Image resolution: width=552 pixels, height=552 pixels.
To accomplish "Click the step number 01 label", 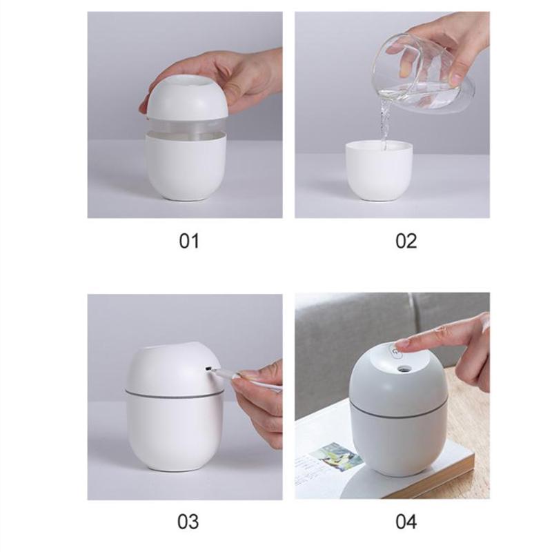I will click(188, 241).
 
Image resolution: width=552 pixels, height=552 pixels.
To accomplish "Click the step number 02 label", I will click(406, 241).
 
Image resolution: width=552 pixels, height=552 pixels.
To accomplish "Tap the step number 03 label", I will click(188, 520).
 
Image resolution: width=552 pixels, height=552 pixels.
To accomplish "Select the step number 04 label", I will click(406, 520).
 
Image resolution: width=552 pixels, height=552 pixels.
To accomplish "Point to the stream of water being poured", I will click(384, 124).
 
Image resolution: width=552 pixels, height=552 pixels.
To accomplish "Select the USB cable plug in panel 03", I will click(219, 373).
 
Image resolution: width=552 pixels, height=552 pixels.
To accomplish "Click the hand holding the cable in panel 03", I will click(259, 400).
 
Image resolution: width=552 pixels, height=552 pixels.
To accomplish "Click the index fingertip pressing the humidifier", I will click(404, 343).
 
